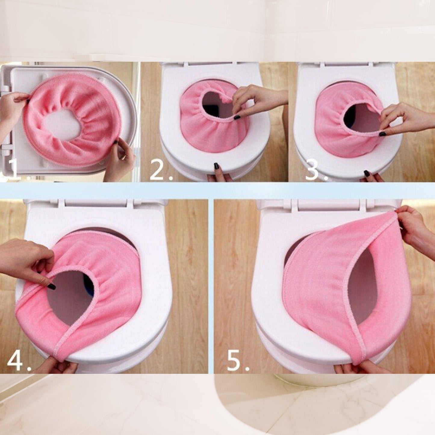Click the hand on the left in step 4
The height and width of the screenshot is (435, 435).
point(24,259)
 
